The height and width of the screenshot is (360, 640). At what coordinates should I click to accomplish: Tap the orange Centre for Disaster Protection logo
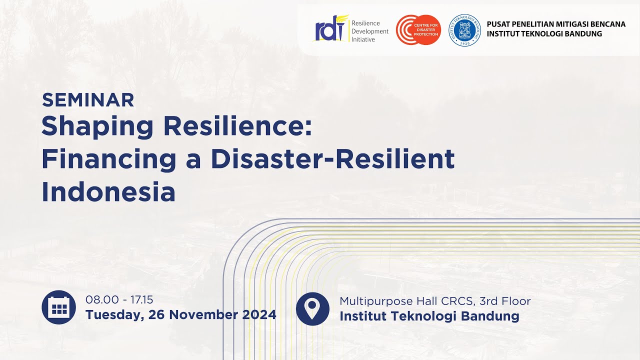418,30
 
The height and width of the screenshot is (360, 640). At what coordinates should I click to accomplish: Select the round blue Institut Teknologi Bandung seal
464,30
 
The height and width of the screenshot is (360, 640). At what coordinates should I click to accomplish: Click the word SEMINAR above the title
88,100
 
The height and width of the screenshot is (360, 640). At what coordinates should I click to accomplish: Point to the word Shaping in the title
97,126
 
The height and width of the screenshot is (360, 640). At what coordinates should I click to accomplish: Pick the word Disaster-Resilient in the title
332,159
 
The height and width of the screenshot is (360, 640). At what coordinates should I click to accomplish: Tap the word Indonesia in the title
108,192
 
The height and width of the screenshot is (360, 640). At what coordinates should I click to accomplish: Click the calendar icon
59,307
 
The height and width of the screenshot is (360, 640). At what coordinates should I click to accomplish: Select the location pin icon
312,308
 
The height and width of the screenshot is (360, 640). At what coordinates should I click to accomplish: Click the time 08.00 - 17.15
119,300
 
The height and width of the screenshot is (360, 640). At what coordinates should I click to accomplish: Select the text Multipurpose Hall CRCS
406,301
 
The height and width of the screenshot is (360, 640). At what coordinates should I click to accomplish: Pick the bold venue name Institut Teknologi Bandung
429,316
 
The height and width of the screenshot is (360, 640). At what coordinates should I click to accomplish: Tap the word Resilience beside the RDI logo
365,23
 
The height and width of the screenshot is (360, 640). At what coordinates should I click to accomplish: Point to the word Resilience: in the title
237,126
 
